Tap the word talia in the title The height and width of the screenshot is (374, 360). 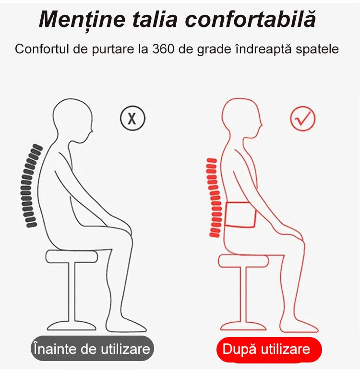155,19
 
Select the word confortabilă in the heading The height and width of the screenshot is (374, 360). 251,19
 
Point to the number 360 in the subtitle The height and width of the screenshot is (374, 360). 163,49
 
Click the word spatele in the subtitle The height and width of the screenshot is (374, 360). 317,49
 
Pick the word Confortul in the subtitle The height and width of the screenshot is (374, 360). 42,49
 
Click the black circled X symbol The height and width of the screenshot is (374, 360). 132,118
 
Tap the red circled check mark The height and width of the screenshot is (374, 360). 303,118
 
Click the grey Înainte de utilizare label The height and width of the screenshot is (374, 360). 92,349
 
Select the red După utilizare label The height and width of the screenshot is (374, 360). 269,350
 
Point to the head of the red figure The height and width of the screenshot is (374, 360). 241,119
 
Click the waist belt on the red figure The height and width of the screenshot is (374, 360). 240,215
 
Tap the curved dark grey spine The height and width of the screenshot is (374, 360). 31,186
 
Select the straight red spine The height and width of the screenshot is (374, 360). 214,198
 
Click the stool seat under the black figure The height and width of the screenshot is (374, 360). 72,257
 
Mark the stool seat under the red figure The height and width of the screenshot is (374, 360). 244,261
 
